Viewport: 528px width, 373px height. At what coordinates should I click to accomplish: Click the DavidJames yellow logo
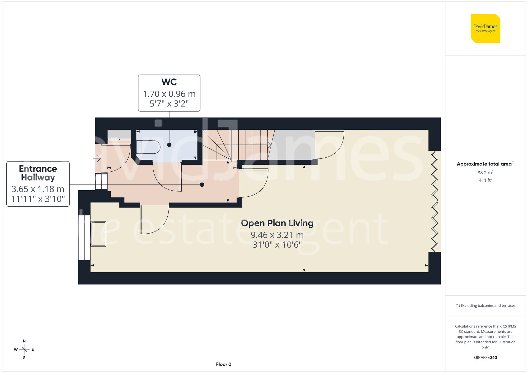[x=485, y=28]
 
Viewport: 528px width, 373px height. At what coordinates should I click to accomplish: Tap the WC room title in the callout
[x=169, y=82]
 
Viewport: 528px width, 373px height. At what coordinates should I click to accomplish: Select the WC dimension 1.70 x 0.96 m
[x=169, y=94]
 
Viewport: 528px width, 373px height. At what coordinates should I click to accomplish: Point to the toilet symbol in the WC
[x=148, y=147]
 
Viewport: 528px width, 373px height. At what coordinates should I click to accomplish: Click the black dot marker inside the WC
[x=169, y=145]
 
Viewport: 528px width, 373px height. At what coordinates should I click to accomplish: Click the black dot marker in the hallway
[x=202, y=185]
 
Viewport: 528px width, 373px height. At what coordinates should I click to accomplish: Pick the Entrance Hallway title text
[x=38, y=173]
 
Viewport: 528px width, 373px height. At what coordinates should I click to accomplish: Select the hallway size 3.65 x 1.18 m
[x=38, y=189]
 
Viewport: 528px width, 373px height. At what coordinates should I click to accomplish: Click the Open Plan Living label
[x=277, y=223]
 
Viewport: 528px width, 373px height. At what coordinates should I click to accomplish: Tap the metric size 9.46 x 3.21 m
[x=277, y=235]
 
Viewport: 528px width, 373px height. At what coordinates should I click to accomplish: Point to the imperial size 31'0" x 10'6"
[x=277, y=245]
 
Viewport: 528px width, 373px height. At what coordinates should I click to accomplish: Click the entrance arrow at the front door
[x=97, y=158]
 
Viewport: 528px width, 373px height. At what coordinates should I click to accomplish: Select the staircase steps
[x=238, y=145]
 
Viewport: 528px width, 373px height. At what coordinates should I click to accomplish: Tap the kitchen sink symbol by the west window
[x=98, y=234]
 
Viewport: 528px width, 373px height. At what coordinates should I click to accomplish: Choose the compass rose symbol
[x=24, y=350]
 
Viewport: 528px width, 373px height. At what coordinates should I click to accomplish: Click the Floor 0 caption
[x=224, y=364]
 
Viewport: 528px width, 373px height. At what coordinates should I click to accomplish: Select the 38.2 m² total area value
[x=485, y=173]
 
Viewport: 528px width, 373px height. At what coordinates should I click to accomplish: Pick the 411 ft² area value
[x=485, y=180]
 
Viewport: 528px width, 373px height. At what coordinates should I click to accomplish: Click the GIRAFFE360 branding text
[x=485, y=358]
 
